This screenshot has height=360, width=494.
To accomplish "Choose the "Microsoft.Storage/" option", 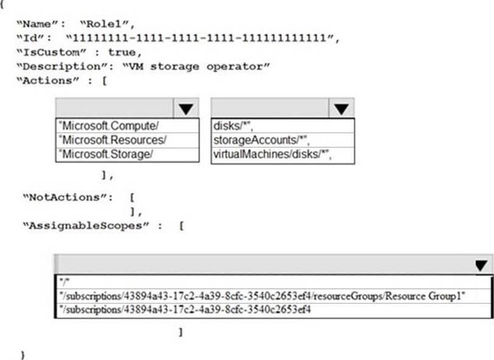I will [x=106, y=154].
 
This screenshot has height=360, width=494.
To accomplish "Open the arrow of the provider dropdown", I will [x=186, y=108].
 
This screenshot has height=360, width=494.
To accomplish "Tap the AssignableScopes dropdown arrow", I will [x=481, y=265].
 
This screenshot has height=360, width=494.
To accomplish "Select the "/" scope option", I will [x=63, y=282].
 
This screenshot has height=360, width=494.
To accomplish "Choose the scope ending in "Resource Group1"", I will [x=263, y=296].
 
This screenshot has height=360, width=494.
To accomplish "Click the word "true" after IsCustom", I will [x=121, y=52].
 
